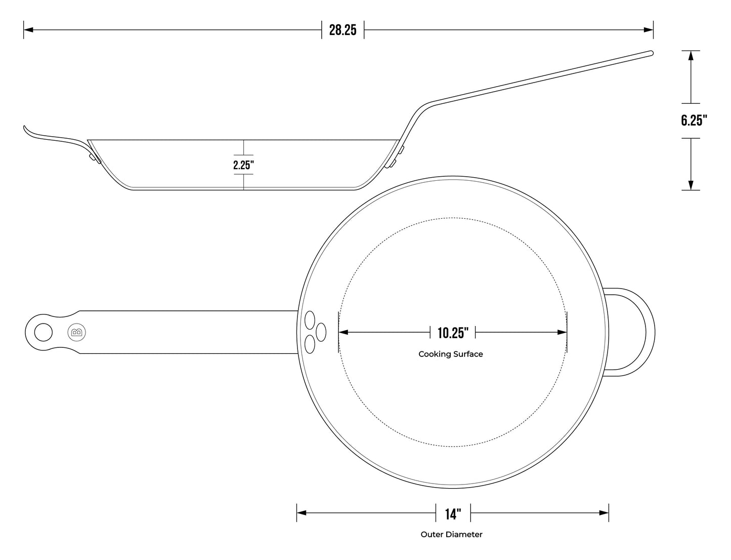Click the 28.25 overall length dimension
342,30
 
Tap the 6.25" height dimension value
694,120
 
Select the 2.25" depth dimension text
243,165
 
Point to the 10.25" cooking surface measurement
453,333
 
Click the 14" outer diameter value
453,514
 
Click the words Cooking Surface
450,354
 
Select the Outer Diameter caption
451,534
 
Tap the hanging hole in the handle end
43,332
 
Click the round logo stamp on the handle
76,332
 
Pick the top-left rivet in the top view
310,319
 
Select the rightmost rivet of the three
321,332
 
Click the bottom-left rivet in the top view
310,345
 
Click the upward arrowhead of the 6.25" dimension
691,56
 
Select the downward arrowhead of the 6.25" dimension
691,185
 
